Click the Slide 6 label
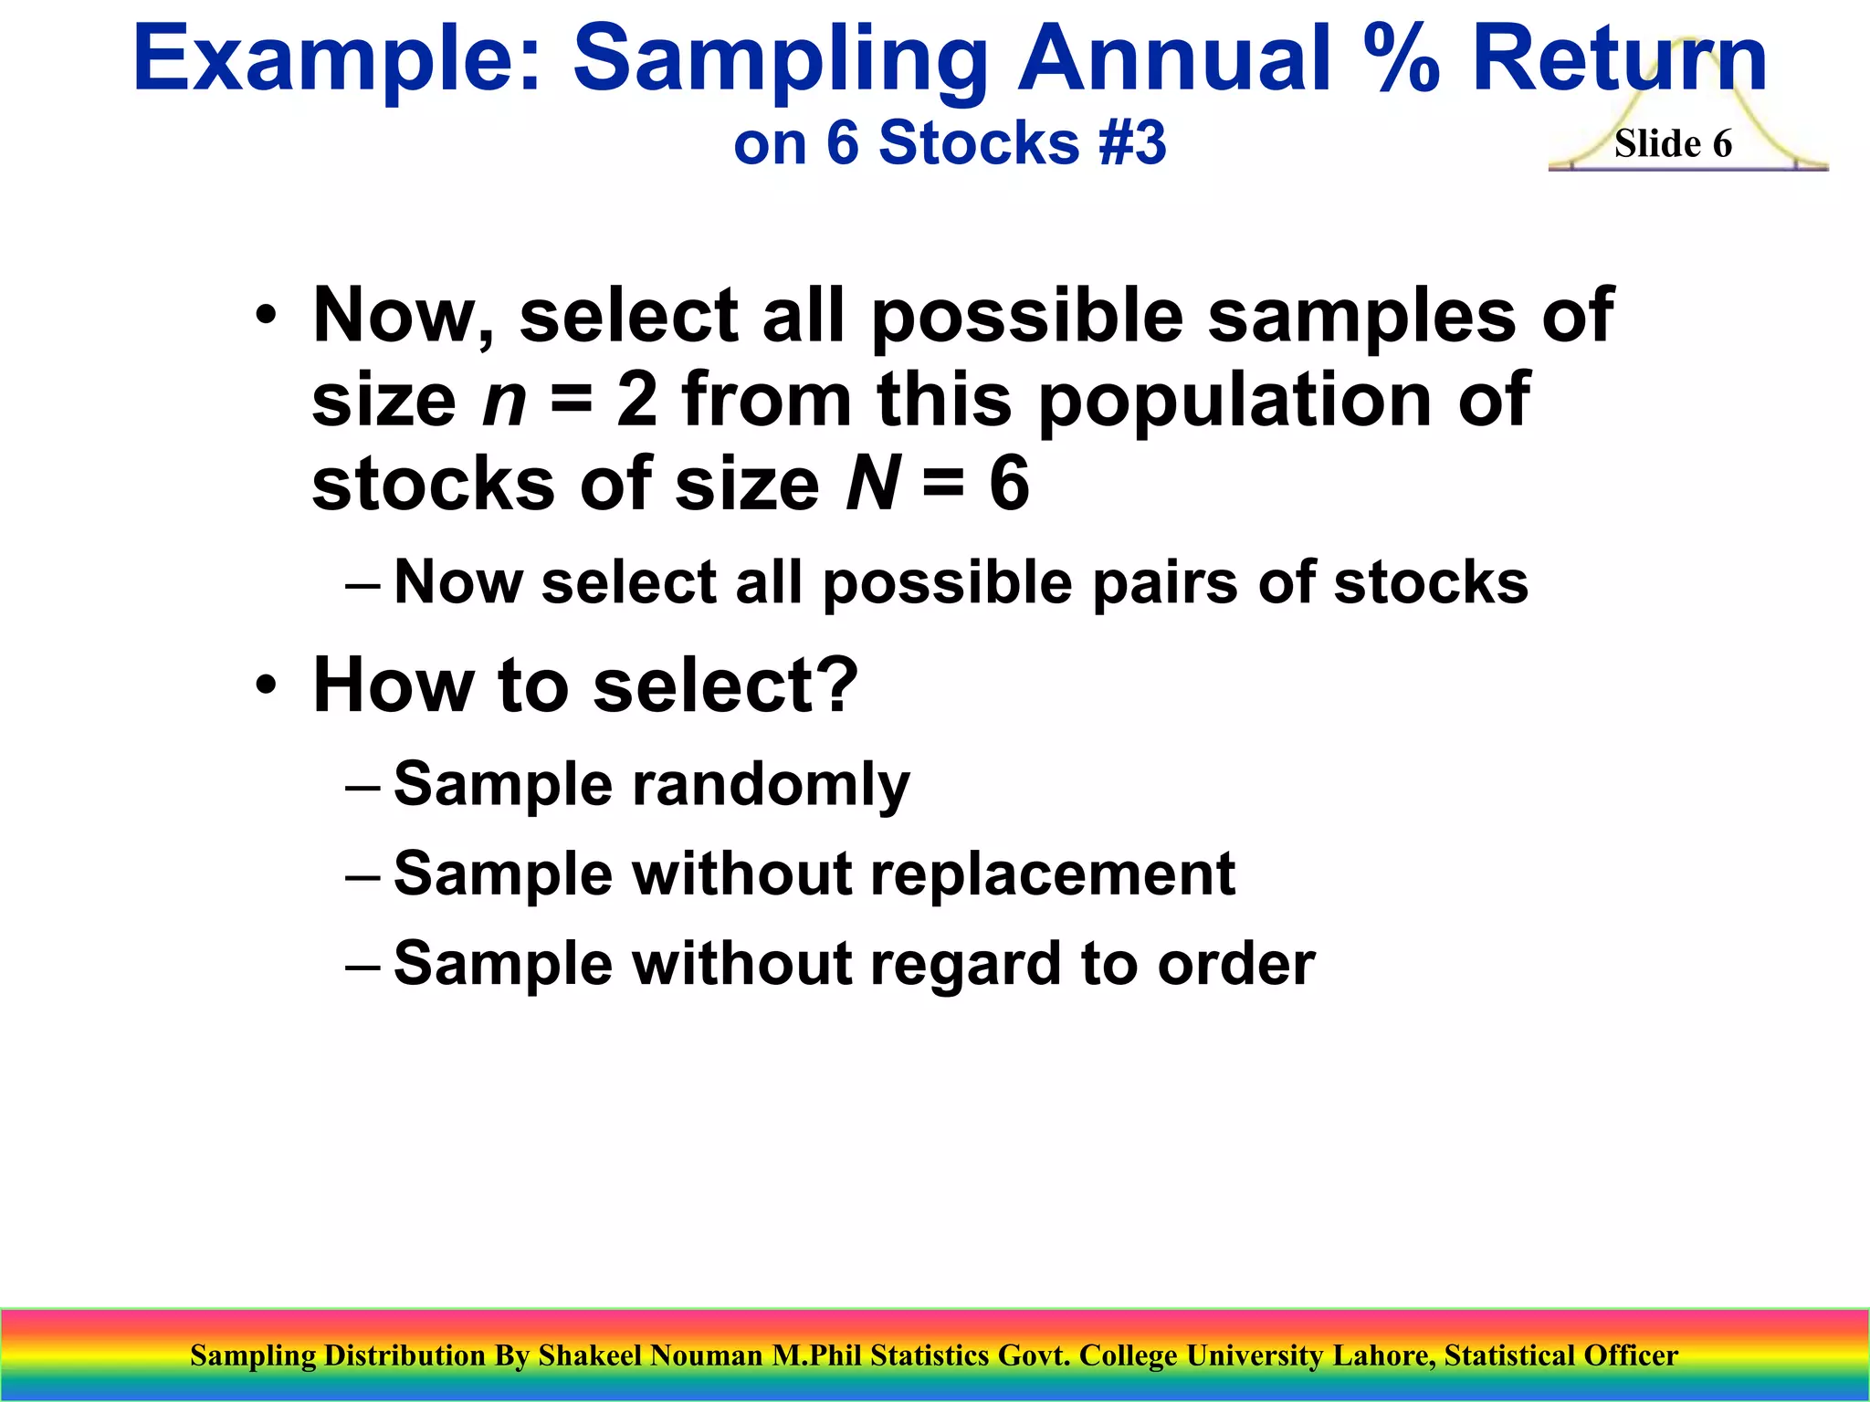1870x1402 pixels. tap(1673, 144)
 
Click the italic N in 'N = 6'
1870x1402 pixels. tap(873, 484)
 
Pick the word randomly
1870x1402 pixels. tap(771, 785)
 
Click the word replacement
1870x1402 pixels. tap(1052, 874)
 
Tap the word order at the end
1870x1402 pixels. tap(1236, 964)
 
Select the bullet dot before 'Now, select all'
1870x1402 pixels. tap(266, 316)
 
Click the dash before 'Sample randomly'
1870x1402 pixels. tap(362, 786)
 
